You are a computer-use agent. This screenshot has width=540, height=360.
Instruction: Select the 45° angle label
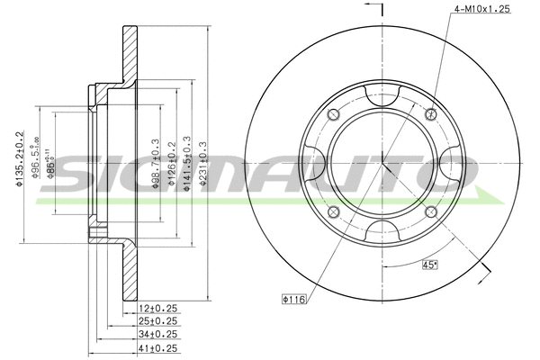tap(431, 265)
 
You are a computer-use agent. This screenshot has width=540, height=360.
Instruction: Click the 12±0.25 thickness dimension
tap(159, 308)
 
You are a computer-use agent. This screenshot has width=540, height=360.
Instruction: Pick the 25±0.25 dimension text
tap(159, 320)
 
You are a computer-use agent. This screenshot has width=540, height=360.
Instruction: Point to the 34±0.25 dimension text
tap(159, 333)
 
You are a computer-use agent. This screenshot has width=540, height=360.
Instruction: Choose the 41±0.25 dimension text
tap(159, 346)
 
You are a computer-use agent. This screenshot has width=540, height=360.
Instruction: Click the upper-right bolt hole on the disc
tap(431, 113)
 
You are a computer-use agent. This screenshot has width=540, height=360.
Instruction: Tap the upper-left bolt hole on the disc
tap(332, 113)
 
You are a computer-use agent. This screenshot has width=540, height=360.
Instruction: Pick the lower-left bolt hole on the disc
tap(332, 212)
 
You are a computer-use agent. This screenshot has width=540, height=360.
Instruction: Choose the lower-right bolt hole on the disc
tap(431, 212)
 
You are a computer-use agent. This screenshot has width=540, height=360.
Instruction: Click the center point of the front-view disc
tap(382, 163)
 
